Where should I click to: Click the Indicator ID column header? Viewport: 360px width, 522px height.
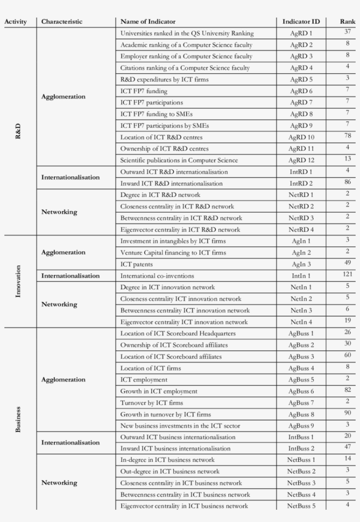pyautogui.click(x=301, y=21)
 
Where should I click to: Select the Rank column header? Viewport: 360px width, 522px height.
pyautogui.click(x=348, y=21)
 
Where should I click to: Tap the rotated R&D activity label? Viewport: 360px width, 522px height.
pyautogui.click(x=18, y=131)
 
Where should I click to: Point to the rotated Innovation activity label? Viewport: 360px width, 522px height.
pyautogui.click(x=18, y=281)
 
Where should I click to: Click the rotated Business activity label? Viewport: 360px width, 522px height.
pyautogui.click(x=18, y=419)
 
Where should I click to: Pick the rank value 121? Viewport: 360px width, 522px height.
pyautogui.click(x=348, y=274)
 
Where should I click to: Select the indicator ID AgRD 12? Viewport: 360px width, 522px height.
pyautogui.click(x=301, y=160)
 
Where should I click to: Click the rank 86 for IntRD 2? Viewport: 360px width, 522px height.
pyautogui.click(x=348, y=181)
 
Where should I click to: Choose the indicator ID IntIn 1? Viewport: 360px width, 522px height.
pyautogui.click(x=301, y=276)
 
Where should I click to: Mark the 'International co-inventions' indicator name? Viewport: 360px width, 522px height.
pyautogui.click(x=157, y=276)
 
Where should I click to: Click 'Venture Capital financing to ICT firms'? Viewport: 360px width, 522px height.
pyautogui.click(x=173, y=253)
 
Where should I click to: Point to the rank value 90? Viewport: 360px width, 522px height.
pyautogui.click(x=348, y=412)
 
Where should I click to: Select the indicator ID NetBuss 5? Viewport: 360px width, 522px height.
pyautogui.click(x=301, y=506)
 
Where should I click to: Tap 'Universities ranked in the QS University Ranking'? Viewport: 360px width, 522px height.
pyautogui.click(x=187, y=33)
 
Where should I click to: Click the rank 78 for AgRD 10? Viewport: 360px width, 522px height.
pyautogui.click(x=348, y=136)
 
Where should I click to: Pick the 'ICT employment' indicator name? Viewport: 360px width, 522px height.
pyautogui.click(x=144, y=380)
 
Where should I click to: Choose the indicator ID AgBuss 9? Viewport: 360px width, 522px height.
pyautogui.click(x=301, y=425)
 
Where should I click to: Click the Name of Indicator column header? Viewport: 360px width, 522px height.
pyautogui.click(x=148, y=21)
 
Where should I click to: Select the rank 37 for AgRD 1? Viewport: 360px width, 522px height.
pyautogui.click(x=348, y=32)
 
